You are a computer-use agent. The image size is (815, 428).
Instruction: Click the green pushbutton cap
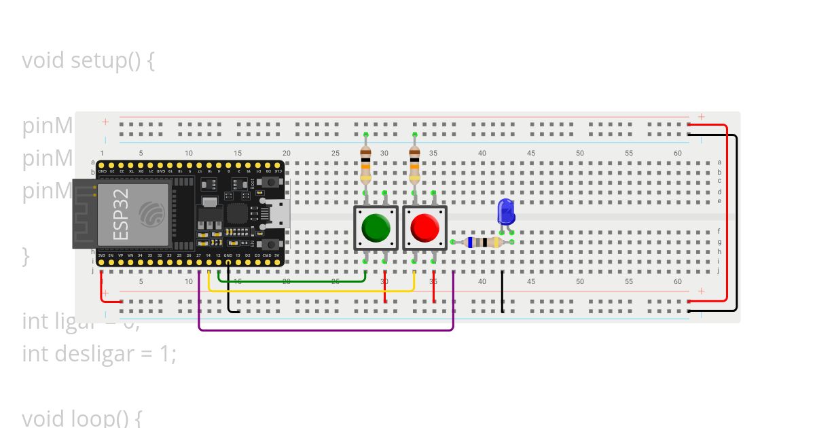pos(375,228)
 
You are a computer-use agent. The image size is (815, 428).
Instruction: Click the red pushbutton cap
pos(424,228)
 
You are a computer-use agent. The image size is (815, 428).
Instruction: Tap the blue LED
pos(506,212)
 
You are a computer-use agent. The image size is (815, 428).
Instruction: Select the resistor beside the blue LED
pos(483,243)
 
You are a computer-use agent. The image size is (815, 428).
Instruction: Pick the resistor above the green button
pos(365,164)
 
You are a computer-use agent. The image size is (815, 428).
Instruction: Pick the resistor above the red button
pos(414,164)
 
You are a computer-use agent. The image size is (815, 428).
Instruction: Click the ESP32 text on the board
pos(120,214)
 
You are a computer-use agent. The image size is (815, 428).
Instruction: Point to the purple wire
pos(326,330)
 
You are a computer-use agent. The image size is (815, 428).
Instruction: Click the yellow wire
pos(312,291)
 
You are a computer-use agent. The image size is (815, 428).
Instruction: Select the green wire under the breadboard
pos(292,280)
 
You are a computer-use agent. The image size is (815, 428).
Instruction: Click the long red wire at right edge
pos(727,211)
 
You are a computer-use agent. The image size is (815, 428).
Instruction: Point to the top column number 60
pos(678,154)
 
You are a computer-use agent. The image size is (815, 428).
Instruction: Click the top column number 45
pos(531,154)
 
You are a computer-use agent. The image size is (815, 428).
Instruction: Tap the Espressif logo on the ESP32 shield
pos(151,214)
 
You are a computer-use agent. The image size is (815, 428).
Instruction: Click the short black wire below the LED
pos(503,292)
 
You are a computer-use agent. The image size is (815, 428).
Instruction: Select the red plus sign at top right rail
pos(702,117)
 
